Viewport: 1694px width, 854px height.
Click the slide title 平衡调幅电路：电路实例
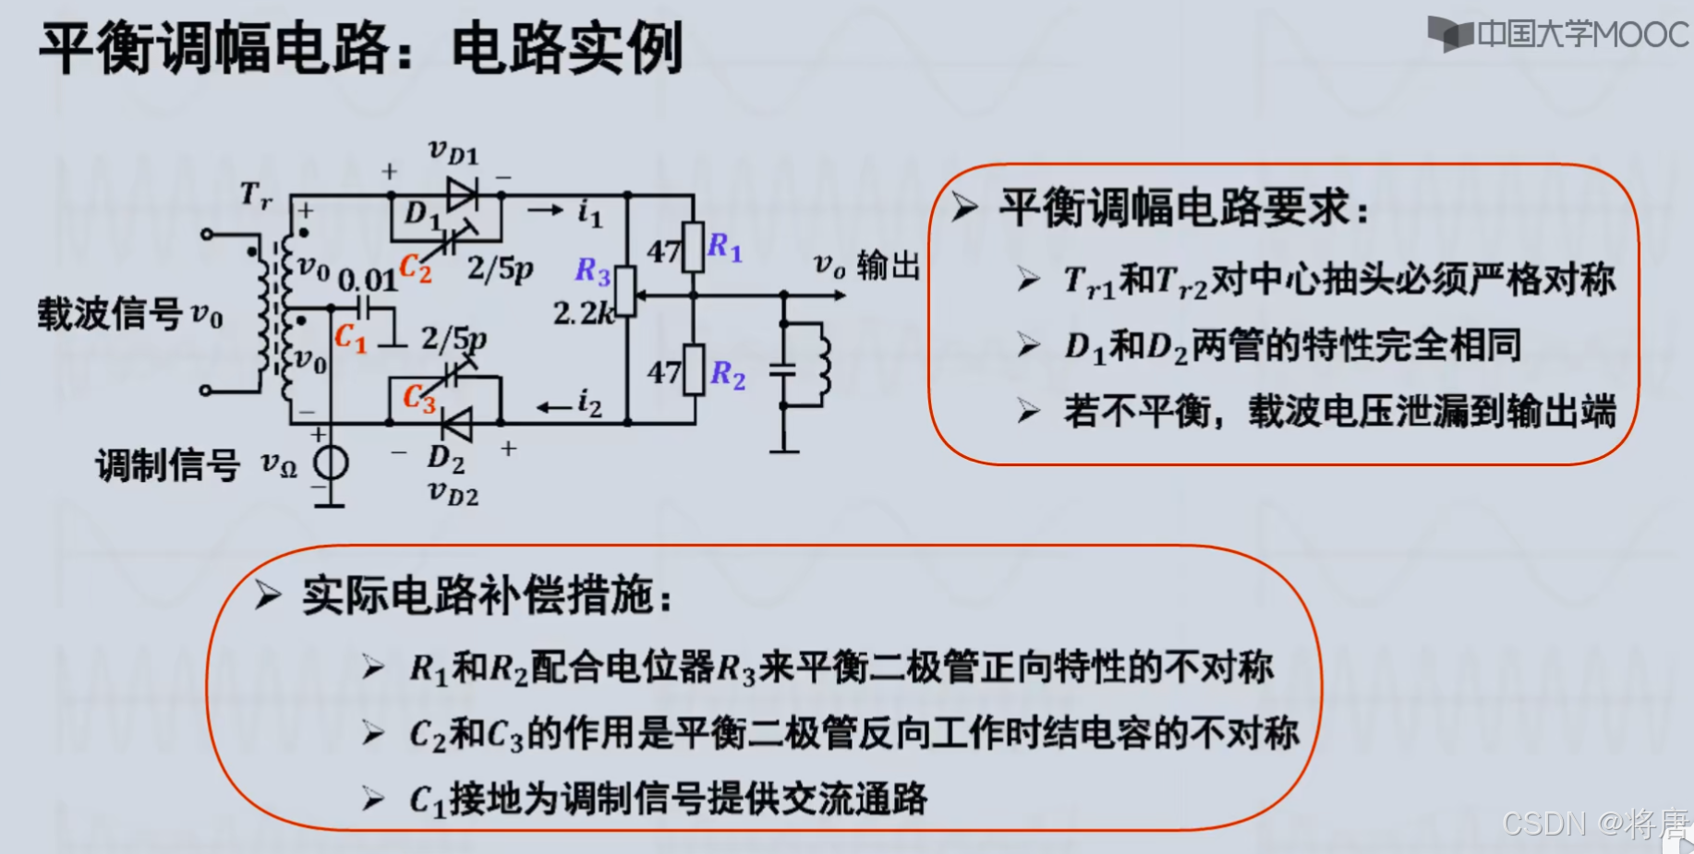tap(360, 48)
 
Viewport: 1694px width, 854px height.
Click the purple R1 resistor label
tap(724, 247)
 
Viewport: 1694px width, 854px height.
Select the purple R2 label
tap(727, 374)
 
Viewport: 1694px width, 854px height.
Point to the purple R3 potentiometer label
tap(592, 271)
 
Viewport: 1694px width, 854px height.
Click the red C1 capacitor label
tap(350, 338)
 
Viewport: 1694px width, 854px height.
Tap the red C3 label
tap(418, 399)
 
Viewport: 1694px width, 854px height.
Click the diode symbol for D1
tap(461, 195)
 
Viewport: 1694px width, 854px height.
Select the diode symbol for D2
tap(455, 424)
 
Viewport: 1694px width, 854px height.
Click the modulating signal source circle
tap(330, 462)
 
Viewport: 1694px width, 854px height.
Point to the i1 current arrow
tap(546, 211)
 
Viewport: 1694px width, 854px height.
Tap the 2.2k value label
tap(583, 314)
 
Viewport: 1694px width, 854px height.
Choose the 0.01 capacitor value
tap(367, 279)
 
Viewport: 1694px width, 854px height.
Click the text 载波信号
tap(110, 314)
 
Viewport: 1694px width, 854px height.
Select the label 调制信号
tap(167, 465)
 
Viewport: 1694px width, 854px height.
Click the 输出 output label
tap(888, 266)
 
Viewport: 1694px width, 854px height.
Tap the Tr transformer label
tap(256, 195)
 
